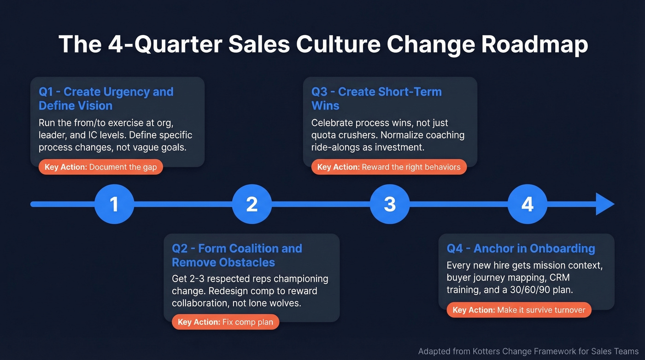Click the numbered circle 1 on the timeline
click(114, 204)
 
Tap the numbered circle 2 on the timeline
click(252, 204)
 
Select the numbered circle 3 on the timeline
click(390, 204)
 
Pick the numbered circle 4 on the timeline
click(527, 204)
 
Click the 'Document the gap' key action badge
click(101, 167)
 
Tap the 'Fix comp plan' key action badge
click(225, 322)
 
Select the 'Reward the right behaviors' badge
click(389, 167)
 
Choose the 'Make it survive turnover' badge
click(519, 310)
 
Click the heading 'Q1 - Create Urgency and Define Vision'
click(106, 99)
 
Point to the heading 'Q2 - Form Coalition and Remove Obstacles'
click(237, 255)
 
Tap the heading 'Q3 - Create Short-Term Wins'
click(376, 99)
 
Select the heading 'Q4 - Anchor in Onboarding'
click(521, 248)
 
